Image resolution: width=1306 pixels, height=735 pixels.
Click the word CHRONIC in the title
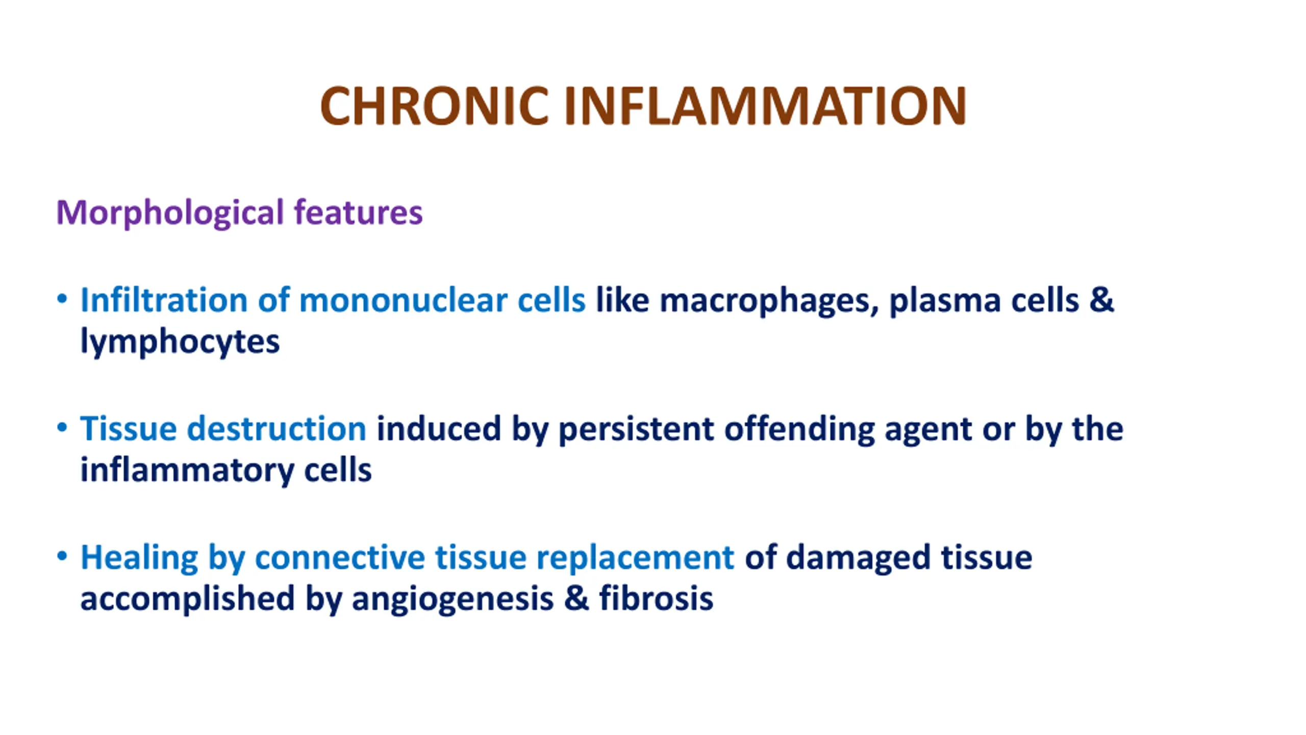434,106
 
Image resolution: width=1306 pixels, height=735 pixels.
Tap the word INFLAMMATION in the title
765,106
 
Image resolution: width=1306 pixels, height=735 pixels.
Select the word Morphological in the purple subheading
169,213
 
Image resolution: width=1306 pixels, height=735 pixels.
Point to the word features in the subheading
358,212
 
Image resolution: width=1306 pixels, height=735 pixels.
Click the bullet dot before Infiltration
62,299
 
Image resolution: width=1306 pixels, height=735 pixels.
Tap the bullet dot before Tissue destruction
62,427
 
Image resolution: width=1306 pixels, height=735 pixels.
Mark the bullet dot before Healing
62,556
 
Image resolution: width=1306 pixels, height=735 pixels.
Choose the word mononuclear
403,301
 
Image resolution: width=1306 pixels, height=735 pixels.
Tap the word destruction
277,428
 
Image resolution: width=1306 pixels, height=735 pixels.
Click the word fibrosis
656,598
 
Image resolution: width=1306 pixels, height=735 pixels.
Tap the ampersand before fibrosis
576,598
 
